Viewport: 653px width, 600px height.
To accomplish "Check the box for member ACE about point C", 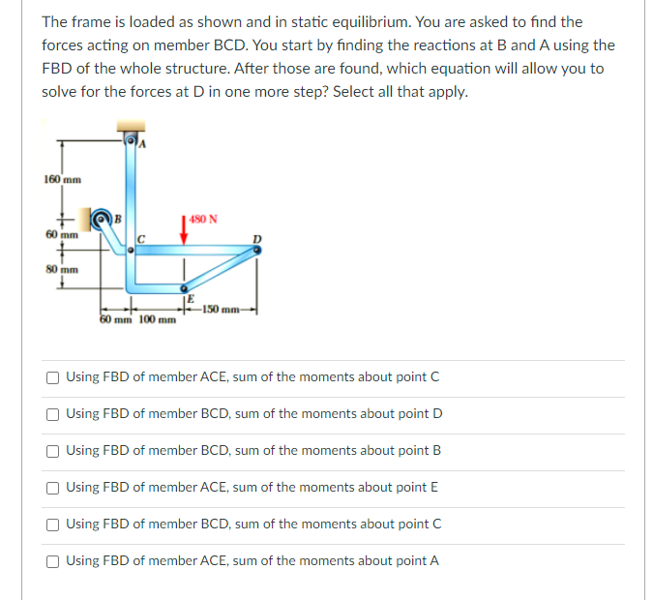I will pyautogui.click(x=55, y=376).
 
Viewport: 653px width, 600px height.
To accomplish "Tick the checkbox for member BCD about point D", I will pyautogui.click(x=55, y=413).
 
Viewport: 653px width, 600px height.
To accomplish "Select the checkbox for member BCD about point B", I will pyautogui.click(x=55, y=450).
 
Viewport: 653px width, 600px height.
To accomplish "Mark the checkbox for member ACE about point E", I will pyautogui.click(x=55, y=487).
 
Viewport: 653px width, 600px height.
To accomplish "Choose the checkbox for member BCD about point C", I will pyautogui.click(x=55, y=524).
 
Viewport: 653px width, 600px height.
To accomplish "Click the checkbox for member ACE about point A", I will pyautogui.click(x=55, y=560).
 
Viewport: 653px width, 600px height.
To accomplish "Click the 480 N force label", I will pyautogui.click(x=203, y=218).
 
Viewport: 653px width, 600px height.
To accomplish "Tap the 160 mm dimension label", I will pyautogui.click(x=62, y=179).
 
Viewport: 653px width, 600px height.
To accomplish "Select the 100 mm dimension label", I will pyautogui.click(x=158, y=319).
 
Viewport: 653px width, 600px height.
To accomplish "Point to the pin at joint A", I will pyautogui.click(x=133, y=142).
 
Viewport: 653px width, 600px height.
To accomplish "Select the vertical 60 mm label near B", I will pyautogui.click(x=60, y=234).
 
